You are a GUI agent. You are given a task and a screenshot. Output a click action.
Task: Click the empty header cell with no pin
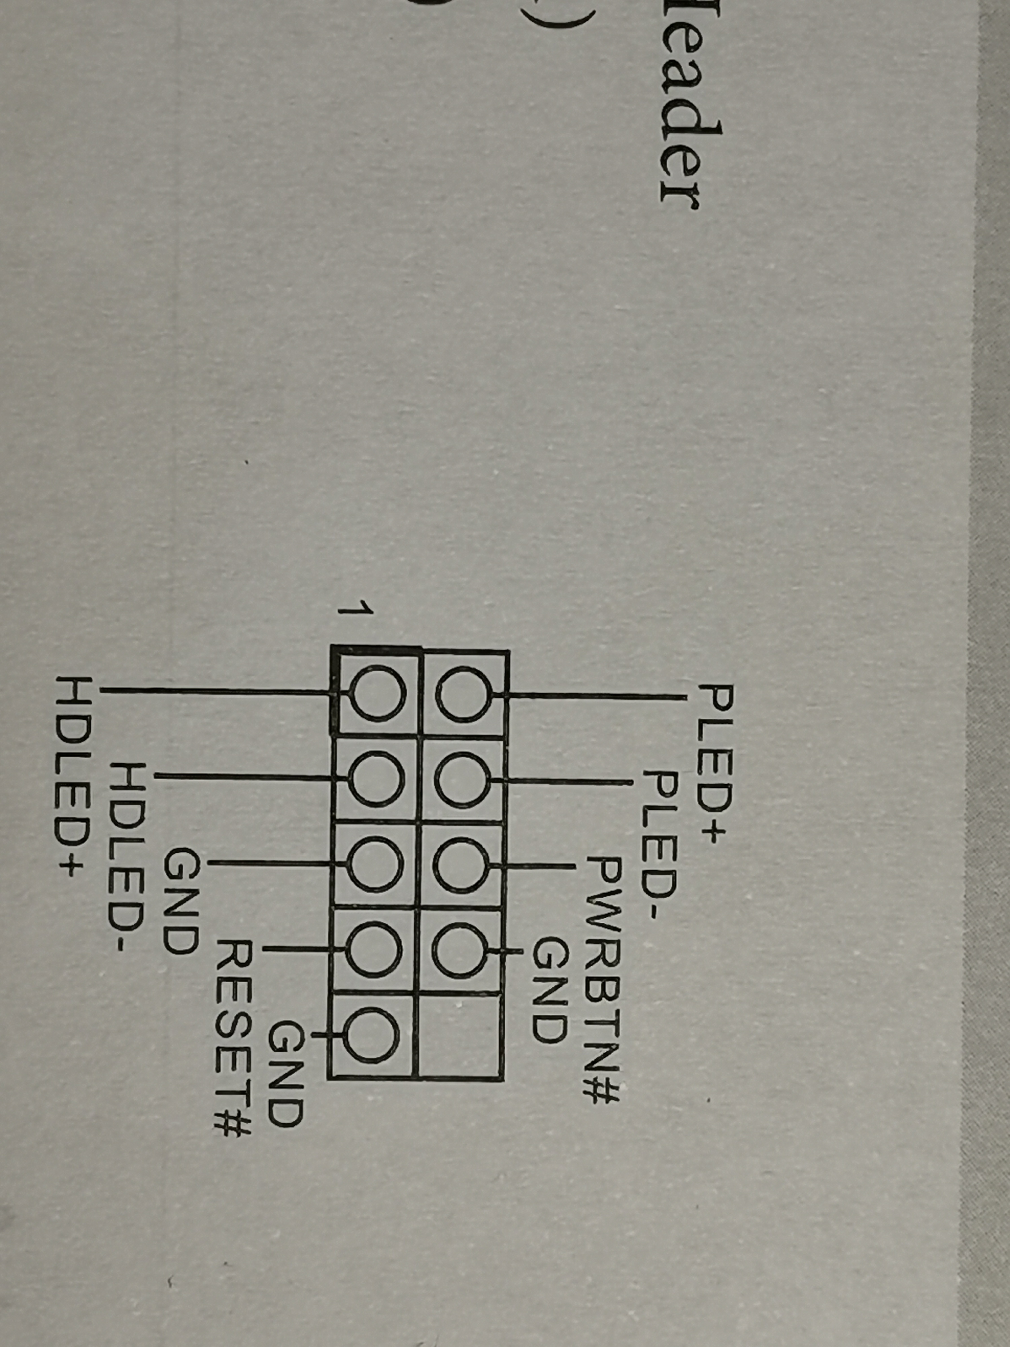tap(461, 1035)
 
